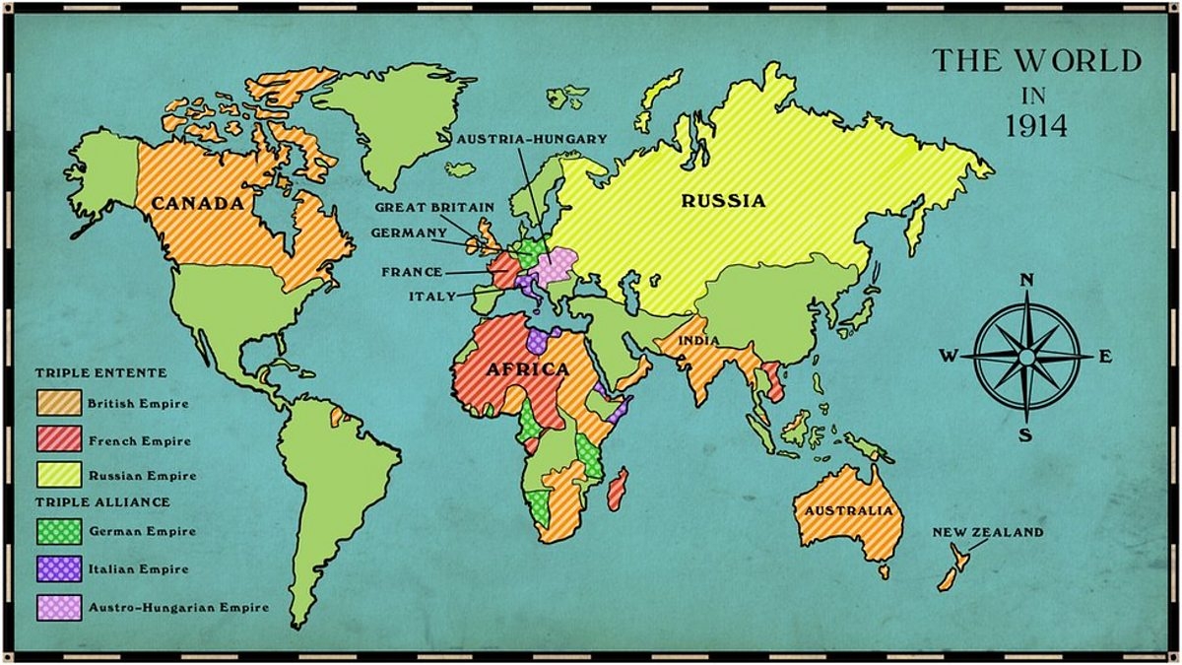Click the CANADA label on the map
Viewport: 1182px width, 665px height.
[197, 204]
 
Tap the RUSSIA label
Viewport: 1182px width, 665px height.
[724, 201]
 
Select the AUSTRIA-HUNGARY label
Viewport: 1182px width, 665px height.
[532, 139]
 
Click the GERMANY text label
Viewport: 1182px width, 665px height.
[409, 233]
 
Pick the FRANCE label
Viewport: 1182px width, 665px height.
[412, 272]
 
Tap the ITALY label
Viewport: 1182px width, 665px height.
[432, 296]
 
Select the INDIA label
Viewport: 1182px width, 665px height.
[697, 342]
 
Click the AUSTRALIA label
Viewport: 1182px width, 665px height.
[848, 510]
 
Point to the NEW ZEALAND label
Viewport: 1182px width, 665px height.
[988, 532]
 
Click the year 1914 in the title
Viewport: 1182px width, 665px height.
[1036, 125]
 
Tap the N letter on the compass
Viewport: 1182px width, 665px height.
[1026, 281]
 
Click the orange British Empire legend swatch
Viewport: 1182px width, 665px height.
[58, 403]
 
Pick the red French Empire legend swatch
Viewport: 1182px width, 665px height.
[58, 439]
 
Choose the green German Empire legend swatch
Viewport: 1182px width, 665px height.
[58, 531]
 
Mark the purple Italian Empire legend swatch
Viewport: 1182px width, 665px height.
[58, 568]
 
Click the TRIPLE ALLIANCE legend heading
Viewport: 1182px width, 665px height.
[102, 501]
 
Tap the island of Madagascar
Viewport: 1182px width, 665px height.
[618, 489]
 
